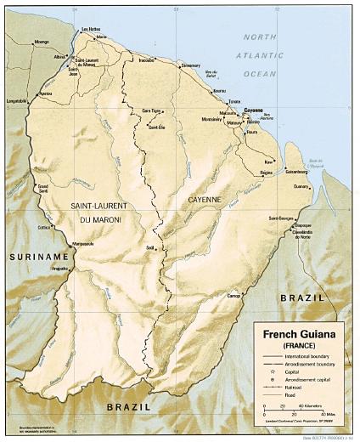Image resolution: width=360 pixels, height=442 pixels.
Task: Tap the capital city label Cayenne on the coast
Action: [252, 110]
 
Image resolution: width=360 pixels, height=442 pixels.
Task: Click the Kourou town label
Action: [219, 90]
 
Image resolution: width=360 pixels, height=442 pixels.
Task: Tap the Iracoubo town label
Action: [147, 60]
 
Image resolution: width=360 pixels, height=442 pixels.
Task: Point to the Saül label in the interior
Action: [150, 246]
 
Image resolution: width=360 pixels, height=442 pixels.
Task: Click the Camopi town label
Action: [234, 294]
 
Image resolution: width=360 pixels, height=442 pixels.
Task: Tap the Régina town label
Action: [266, 173]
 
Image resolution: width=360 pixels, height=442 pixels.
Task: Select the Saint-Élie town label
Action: [156, 127]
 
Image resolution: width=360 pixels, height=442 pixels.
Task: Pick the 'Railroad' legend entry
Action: [294, 386]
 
